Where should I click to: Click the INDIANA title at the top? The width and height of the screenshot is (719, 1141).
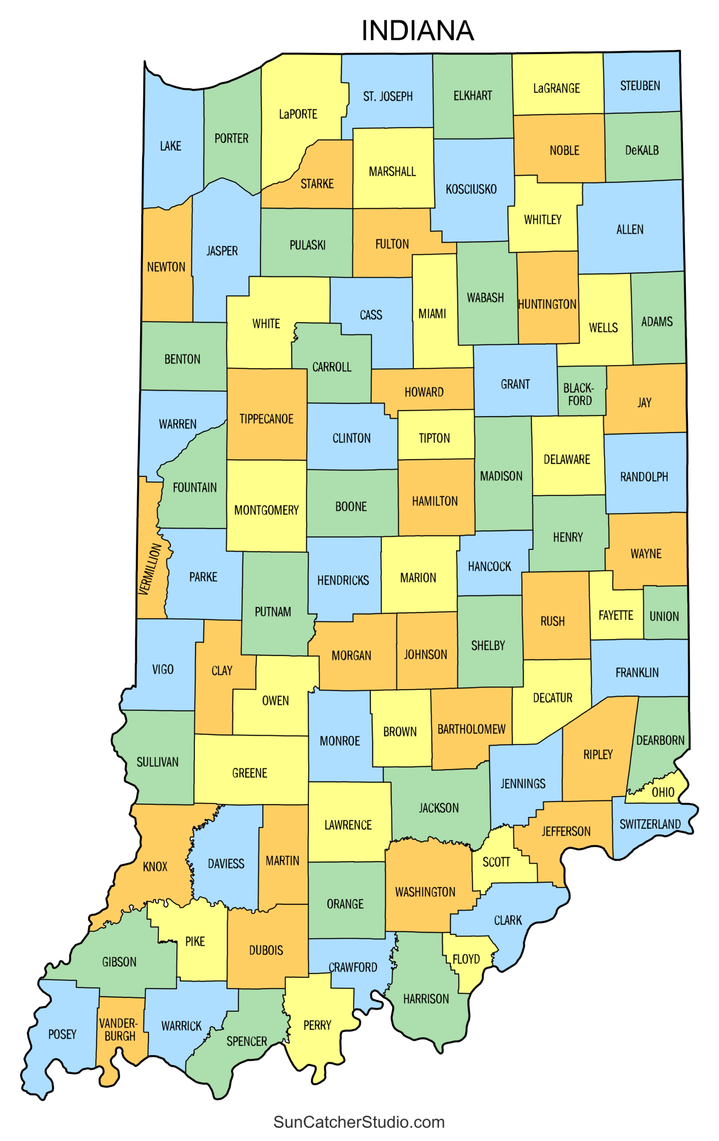pos(417,31)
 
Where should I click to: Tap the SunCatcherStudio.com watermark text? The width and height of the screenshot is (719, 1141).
pos(359,1122)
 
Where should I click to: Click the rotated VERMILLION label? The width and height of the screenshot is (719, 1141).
pos(150,569)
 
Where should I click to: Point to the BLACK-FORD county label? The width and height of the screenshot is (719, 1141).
pos(579,394)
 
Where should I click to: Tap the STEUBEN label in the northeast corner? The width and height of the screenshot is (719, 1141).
pos(640,86)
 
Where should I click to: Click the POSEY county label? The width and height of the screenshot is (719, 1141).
pos(62,1034)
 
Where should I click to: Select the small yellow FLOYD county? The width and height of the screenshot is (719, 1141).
pos(466,960)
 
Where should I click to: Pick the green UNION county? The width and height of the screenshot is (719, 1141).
pos(664,616)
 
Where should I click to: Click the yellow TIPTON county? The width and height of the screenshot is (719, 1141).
pos(435,438)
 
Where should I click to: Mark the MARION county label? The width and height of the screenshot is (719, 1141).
pos(418,578)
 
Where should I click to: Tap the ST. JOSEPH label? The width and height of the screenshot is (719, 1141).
pos(388,97)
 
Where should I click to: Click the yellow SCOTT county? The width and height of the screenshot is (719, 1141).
pos(496,862)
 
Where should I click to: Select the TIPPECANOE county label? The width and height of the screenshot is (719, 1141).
pos(266,419)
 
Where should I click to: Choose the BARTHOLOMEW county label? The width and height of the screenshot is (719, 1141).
pos(471,729)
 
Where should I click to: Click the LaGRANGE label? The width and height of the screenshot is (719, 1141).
pos(556,89)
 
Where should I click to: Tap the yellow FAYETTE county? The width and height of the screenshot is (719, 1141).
pos(615,616)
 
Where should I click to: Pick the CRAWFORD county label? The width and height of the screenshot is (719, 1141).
pos(353,968)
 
